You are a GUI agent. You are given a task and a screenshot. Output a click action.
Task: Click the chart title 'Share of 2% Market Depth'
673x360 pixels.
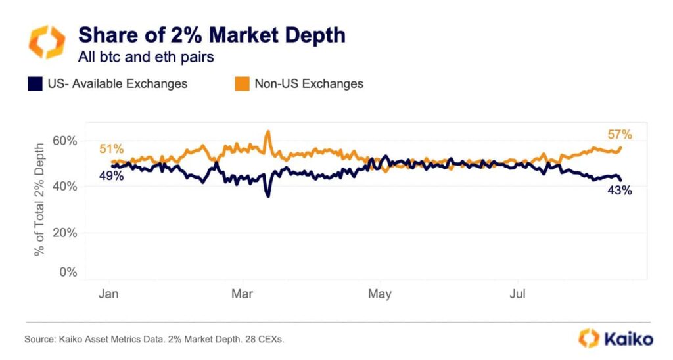tap(212, 35)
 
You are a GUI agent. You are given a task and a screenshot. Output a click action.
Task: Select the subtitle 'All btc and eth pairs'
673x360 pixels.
tap(146, 57)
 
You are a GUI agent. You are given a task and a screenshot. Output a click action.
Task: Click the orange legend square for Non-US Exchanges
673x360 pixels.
tap(242, 84)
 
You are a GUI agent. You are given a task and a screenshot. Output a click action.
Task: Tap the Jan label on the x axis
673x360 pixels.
tap(108, 293)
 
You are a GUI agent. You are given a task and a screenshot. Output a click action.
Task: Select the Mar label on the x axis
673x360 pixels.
tap(243, 293)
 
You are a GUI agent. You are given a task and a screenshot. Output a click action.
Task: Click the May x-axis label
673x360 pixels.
tap(379, 293)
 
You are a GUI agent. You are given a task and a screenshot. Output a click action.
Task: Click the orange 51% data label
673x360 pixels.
tap(112, 149)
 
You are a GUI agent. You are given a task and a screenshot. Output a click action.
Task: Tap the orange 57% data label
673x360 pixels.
tap(620, 135)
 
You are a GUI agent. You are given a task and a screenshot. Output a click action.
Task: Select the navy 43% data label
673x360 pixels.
tap(620, 191)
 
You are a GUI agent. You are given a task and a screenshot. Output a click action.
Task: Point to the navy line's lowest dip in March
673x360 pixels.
tap(267, 195)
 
